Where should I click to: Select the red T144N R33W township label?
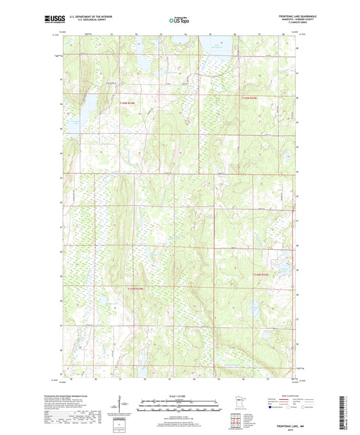(x=260, y=275)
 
